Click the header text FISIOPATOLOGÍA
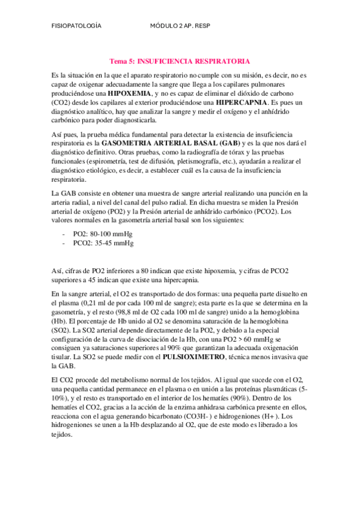click(x=76, y=27)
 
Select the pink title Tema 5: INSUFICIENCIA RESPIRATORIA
click(x=180, y=61)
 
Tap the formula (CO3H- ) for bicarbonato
click(x=212, y=416)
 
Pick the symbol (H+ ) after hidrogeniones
click(x=269, y=416)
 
